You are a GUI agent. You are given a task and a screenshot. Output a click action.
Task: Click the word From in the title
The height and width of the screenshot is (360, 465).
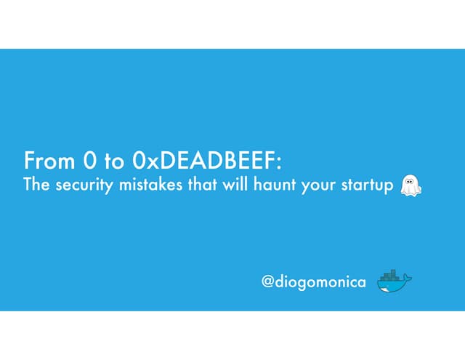coord(46,159)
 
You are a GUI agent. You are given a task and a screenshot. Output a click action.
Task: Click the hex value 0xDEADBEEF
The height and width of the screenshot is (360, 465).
coord(205,159)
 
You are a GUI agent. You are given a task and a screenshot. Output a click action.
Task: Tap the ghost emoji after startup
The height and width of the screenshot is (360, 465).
coord(411,185)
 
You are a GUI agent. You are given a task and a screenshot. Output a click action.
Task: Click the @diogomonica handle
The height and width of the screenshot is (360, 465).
coord(314,281)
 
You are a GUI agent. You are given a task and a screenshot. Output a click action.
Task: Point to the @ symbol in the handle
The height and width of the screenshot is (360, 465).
coord(268,281)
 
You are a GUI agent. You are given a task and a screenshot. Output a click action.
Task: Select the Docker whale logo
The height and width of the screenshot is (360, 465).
coord(394,281)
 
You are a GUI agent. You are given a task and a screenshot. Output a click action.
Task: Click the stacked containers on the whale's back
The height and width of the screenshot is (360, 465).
coord(391,276)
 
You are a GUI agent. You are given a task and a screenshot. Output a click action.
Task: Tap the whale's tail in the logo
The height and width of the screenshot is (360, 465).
coord(408,278)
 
